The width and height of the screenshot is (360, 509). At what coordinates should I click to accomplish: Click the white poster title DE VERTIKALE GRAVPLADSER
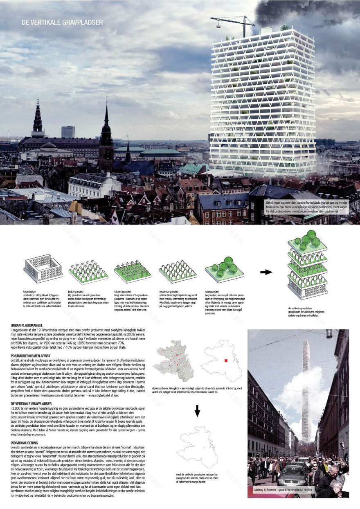62,23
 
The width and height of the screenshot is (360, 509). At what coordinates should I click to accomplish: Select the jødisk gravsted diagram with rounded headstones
88,270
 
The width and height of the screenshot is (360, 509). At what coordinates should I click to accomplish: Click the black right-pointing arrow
266,272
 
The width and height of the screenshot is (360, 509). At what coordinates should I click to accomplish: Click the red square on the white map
225,360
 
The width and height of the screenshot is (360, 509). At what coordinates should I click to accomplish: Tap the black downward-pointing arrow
197,410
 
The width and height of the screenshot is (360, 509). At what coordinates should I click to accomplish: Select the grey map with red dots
172,360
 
